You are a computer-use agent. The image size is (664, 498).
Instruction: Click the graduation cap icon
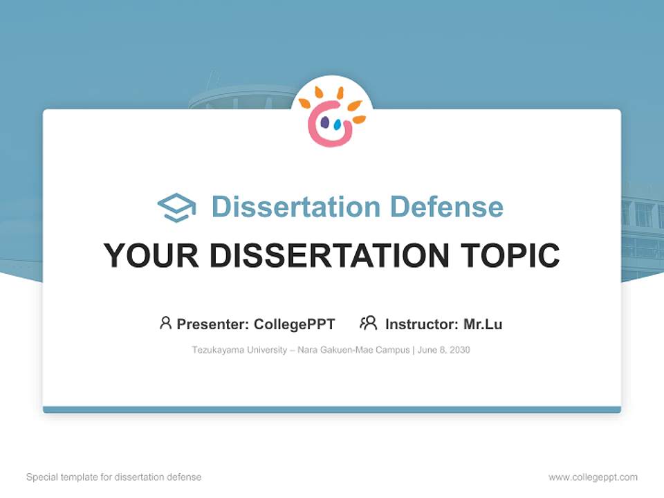coord(176,207)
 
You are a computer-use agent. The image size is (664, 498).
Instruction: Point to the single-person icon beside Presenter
coord(165,323)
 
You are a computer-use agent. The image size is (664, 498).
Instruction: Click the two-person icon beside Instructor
coord(368,323)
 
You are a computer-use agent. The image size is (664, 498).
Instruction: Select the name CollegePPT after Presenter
coord(295,324)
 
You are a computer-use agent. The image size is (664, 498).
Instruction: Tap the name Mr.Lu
coord(483,324)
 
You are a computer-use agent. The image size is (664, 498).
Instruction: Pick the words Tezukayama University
coord(239,350)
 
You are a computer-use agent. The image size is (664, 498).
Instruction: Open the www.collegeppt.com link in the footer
coord(593,477)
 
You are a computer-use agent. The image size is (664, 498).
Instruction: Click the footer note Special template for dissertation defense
coord(114,477)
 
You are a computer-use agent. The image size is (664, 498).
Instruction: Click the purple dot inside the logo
coord(324,122)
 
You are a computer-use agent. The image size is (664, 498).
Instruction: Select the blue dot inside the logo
coord(338,125)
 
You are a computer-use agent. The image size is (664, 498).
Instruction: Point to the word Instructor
coord(421,324)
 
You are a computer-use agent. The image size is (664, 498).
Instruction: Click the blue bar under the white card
coord(332,409)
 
